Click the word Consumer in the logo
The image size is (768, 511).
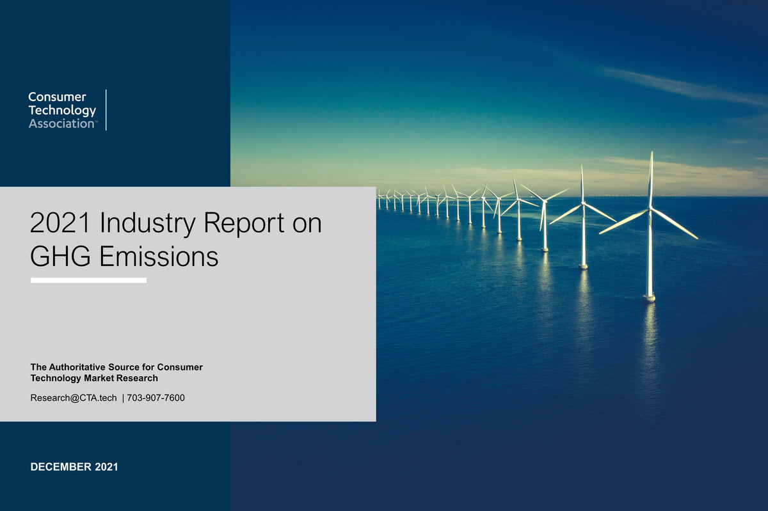[57, 97]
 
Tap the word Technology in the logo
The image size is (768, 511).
[62, 111]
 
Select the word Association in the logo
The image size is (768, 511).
[61, 123]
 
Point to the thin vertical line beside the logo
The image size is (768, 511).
[106, 110]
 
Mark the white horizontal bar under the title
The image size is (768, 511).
[88, 280]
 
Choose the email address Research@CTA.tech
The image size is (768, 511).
[74, 398]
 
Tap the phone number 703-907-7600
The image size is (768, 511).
[156, 398]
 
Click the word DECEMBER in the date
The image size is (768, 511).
[61, 467]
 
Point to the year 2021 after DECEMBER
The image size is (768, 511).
[106, 467]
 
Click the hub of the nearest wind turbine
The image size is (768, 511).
[650, 209]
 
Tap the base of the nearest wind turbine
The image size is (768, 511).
[649, 297]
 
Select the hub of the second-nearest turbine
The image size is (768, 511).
[582, 204]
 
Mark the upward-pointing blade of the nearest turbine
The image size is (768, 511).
[651, 179]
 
